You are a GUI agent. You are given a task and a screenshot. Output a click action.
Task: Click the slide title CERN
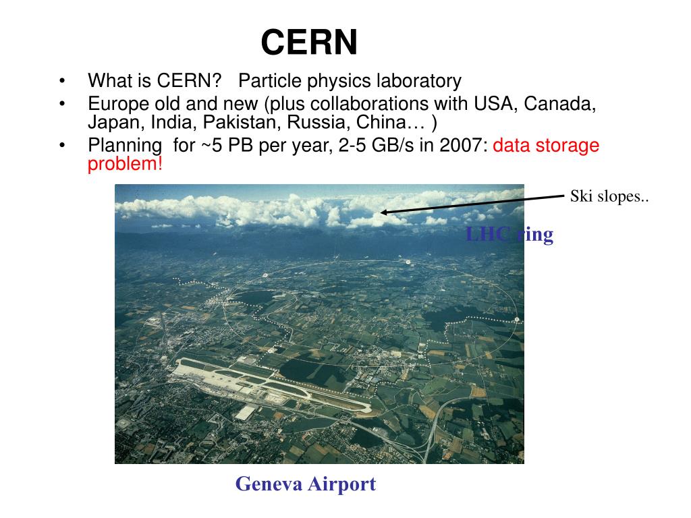pyautogui.click(x=309, y=42)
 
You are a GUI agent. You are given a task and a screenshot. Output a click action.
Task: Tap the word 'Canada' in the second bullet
pyautogui.click(x=559, y=104)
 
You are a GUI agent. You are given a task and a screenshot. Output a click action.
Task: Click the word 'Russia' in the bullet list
pyautogui.click(x=319, y=122)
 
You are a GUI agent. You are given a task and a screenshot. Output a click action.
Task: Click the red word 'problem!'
pyautogui.click(x=125, y=164)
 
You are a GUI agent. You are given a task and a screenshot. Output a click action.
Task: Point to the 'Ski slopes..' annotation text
pyautogui.click(x=609, y=196)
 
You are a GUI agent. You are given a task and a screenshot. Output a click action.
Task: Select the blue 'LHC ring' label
pyautogui.click(x=509, y=234)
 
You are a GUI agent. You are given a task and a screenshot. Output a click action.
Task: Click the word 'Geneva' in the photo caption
pyautogui.click(x=269, y=484)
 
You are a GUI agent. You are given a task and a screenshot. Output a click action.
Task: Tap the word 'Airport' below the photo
pyautogui.click(x=342, y=484)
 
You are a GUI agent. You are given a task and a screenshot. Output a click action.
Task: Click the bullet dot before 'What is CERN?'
pyautogui.click(x=62, y=81)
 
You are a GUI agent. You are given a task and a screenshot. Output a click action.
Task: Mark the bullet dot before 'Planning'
pyautogui.click(x=62, y=145)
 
